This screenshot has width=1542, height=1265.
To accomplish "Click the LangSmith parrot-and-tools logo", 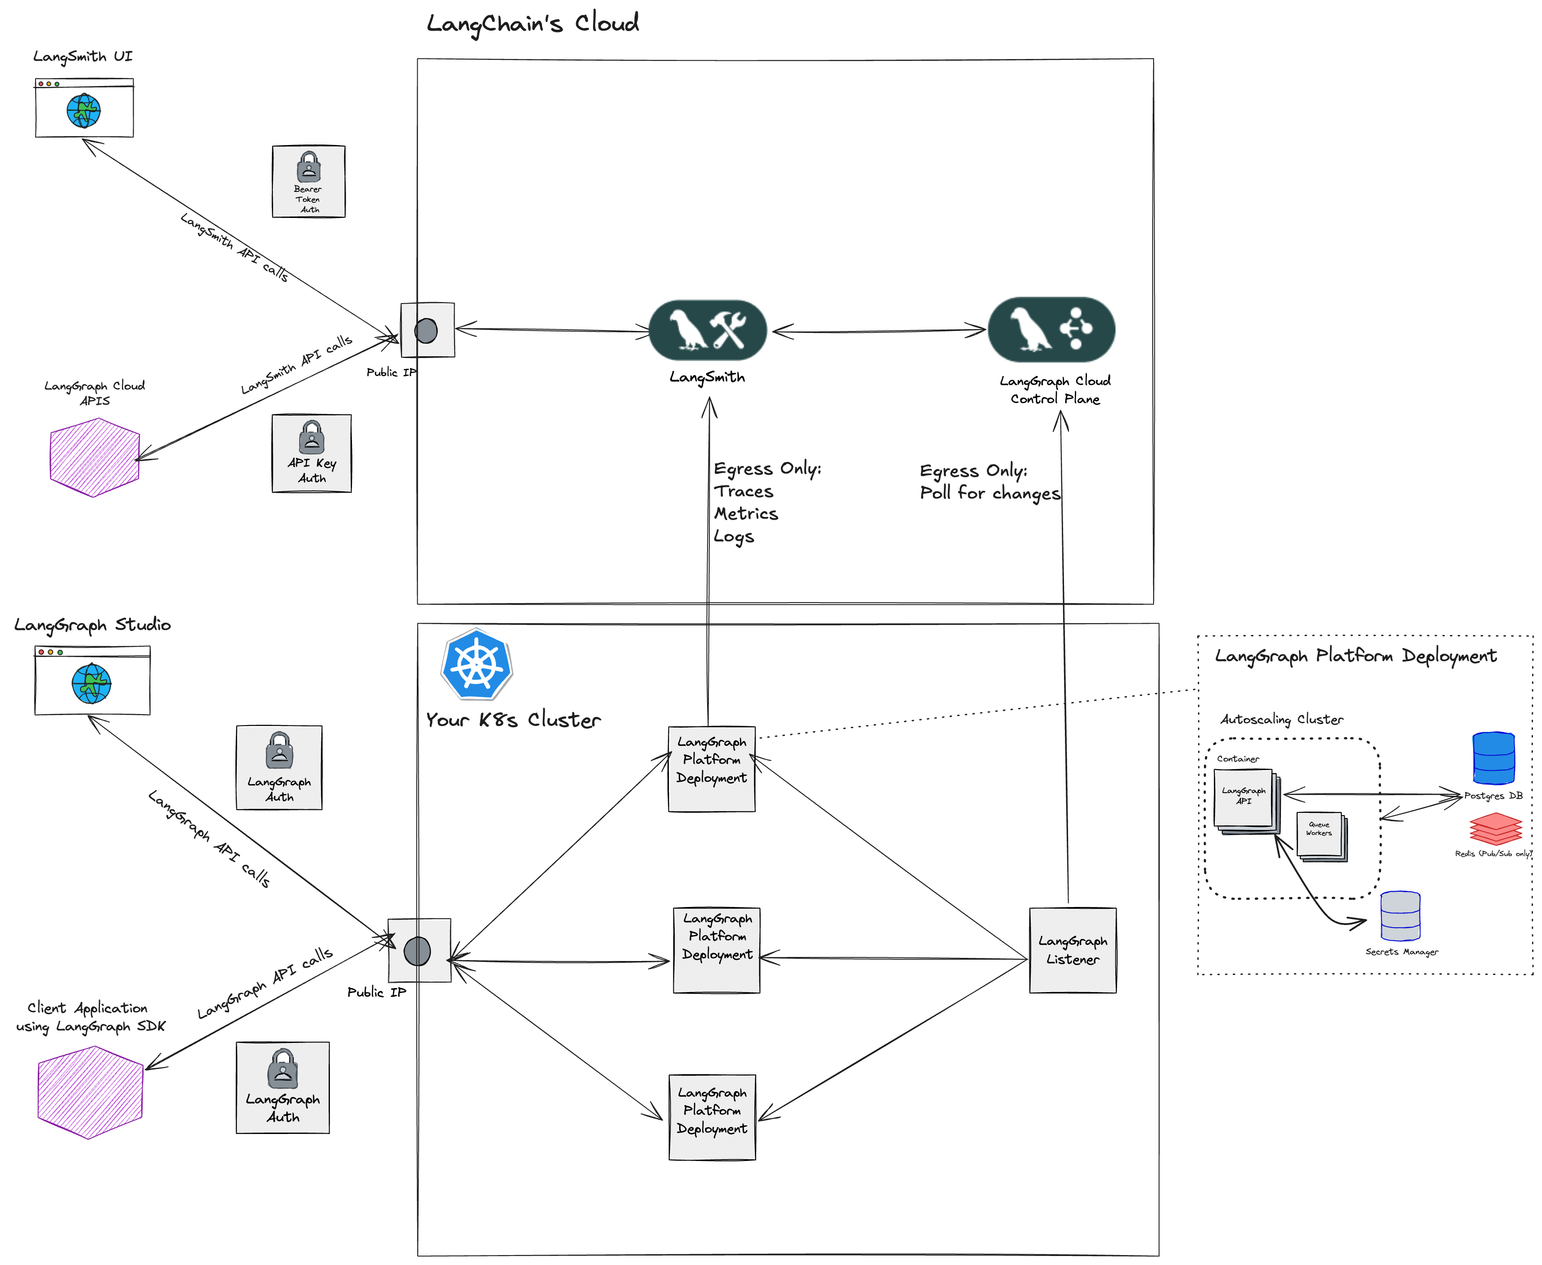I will coord(707,330).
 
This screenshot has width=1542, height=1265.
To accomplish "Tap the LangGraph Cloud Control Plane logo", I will coord(1051,329).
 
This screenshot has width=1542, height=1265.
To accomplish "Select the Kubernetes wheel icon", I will coord(476,665).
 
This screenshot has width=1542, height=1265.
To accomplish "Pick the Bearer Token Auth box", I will coord(308,181).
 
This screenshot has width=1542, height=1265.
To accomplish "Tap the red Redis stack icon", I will coord(1495,829).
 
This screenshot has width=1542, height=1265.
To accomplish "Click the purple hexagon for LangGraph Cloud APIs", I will coord(94,458).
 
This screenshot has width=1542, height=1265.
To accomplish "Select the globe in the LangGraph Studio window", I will coord(92,684).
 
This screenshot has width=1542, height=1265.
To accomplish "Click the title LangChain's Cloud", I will coord(532,23).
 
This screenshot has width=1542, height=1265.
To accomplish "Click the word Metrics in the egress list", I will coord(745,514).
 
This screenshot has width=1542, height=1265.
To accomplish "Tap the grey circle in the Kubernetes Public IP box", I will coord(417,951).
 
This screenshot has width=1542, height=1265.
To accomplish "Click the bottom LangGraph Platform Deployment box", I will coord(712,1116).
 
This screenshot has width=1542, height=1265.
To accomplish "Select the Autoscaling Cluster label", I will coord(1281,719).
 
